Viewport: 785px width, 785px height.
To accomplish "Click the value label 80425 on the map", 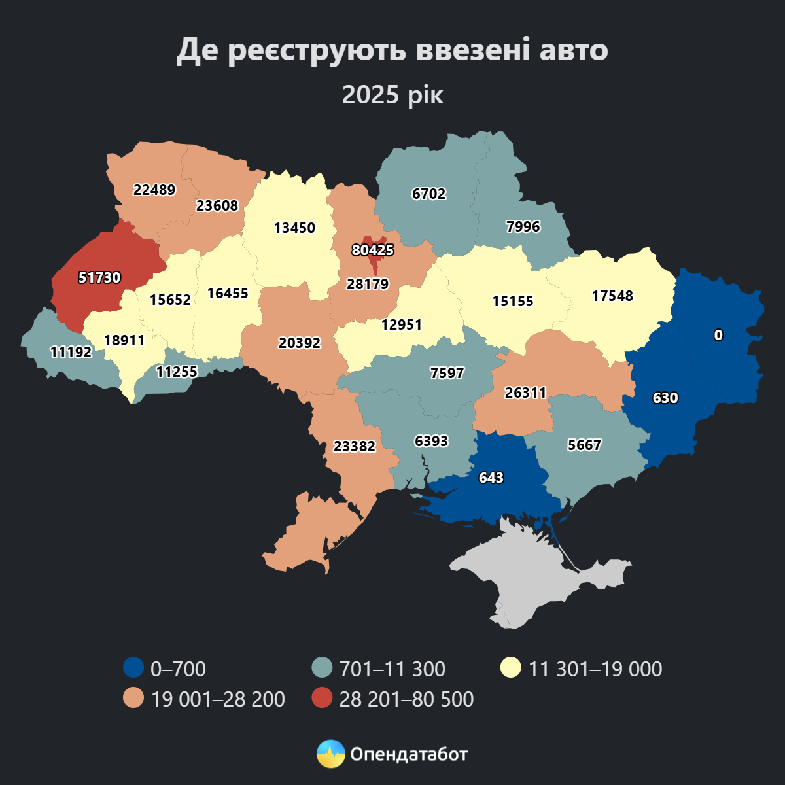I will pyautogui.click(x=372, y=250).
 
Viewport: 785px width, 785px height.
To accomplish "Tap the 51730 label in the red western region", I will pyautogui.click(x=99, y=277).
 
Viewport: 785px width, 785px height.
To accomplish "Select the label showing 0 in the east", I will pyautogui.click(x=718, y=335).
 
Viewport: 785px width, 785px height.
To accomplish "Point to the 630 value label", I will pyautogui.click(x=665, y=398).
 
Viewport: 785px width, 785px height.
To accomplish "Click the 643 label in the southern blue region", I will pyautogui.click(x=491, y=478).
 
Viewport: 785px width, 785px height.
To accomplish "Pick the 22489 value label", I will pyautogui.click(x=154, y=190).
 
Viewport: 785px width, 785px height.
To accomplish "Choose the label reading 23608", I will pyautogui.click(x=217, y=205).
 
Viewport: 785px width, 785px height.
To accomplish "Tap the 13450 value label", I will pyautogui.click(x=294, y=228).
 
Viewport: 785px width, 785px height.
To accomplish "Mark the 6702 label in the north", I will pyautogui.click(x=428, y=194).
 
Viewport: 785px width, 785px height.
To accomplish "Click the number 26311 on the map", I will pyautogui.click(x=525, y=392).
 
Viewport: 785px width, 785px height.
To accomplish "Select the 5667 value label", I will pyautogui.click(x=584, y=445).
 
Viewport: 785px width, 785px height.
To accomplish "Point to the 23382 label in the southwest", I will pyautogui.click(x=355, y=446).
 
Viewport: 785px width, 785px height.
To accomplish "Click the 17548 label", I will pyautogui.click(x=612, y=296).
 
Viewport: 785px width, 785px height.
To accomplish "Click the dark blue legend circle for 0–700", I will pyautogui.click(x=133, y=669).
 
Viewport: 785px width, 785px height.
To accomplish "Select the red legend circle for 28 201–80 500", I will pyautogui.click(x=321, y=699).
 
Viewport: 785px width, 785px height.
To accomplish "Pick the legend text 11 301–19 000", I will pyautogui.click(x=595, y=669).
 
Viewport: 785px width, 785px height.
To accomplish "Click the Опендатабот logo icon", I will pyautogui.click(x=330, y=754).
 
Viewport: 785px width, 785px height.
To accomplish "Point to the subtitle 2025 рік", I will pyautogui.click(x=392, y=95).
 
